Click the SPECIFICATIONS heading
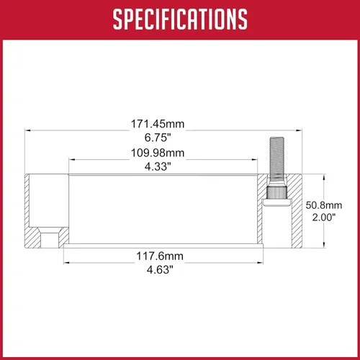pos(180,19)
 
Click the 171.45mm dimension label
pos(158,124)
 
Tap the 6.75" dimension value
pos(158,138)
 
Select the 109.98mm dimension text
pos(158,153)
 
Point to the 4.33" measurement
pos(158,166)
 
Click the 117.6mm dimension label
pos(160,256)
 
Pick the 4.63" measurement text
pos(160,270)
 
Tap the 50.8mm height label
pos(324,205)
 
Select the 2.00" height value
pos(324,217)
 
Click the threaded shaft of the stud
pos(276,158)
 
